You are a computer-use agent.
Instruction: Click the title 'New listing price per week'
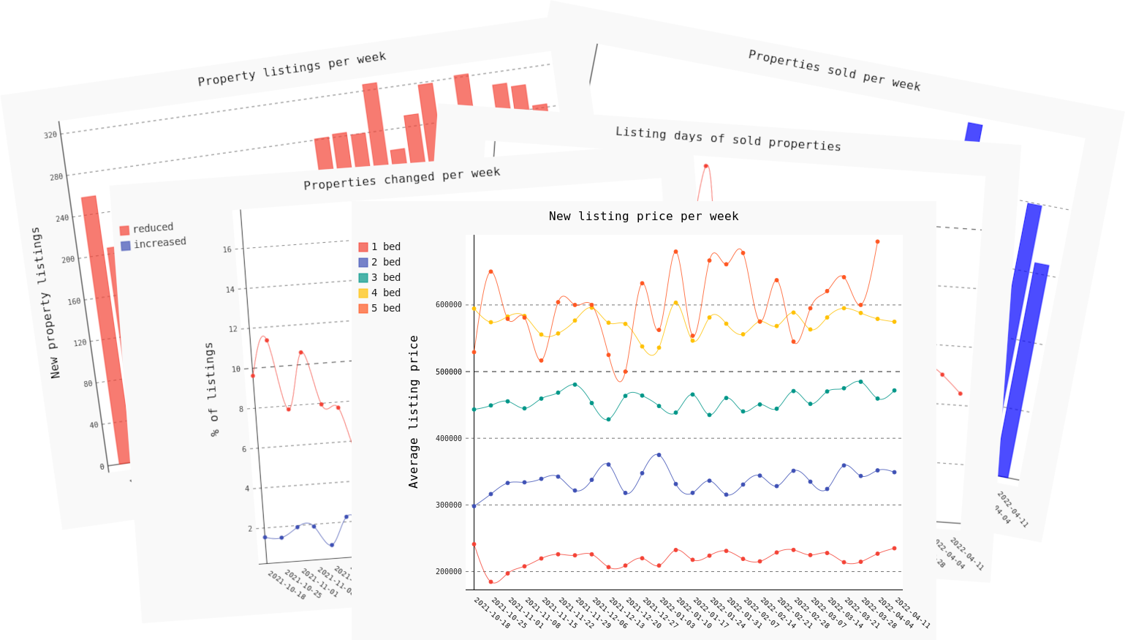643,217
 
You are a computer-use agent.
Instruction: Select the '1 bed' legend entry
379,247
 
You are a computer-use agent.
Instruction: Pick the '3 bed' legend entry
379,278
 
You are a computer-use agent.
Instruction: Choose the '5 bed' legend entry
379,309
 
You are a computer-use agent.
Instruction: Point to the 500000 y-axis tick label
448,372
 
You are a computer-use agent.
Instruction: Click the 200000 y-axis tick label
448,572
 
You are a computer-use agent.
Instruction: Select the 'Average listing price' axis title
414,412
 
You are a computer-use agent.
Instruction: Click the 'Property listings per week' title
292,68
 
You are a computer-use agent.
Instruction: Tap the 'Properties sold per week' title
834,70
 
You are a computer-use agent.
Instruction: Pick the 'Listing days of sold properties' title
728,139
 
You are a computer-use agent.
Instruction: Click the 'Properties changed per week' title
402,178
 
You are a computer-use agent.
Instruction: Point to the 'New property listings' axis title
45,303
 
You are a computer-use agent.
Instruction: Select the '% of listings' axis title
212,390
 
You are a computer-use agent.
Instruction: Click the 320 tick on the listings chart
50,135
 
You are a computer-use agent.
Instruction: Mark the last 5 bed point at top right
877,241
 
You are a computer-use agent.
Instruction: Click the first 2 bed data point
474,506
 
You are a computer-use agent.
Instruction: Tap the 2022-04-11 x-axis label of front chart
912,613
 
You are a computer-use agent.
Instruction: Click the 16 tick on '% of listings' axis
227,249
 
